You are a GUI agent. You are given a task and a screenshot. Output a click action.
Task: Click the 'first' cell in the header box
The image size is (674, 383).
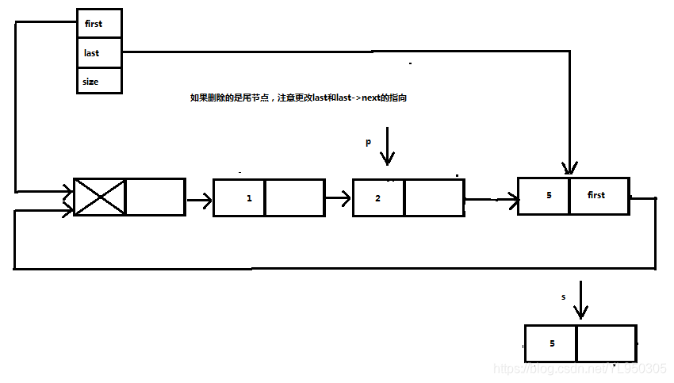(99, 24)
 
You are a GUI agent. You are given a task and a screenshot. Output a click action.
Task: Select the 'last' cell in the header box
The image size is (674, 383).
(99, 53)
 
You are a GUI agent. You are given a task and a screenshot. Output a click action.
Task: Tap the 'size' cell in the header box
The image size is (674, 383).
(99, 81)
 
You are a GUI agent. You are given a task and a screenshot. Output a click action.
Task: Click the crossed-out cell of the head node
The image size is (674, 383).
(100, 197)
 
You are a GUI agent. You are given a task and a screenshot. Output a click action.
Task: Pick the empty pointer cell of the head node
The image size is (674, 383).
(155, 197)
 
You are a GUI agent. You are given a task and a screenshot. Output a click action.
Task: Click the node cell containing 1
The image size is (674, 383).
(239, 197)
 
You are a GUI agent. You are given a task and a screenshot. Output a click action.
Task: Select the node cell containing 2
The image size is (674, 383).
(378, 197)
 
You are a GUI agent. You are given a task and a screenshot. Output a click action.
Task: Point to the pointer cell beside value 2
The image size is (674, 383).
(434, 197)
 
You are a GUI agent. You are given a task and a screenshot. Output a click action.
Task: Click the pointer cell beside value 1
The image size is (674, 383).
(295, 197)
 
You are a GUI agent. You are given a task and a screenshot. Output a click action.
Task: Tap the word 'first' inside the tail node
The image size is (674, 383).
(597, 195)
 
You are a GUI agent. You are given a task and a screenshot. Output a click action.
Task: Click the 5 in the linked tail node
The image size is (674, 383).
(549, 195)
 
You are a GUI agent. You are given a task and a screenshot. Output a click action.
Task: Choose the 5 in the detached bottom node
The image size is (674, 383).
(552, 343)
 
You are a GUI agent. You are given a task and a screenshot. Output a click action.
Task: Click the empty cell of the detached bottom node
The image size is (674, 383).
(606, 343)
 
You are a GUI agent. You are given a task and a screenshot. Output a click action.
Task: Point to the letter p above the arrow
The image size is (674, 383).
(368, 143)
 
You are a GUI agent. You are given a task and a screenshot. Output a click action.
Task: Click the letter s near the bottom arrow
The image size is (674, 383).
(564, 297)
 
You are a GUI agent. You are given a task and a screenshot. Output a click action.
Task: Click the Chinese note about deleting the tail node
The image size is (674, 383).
(301, 98)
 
